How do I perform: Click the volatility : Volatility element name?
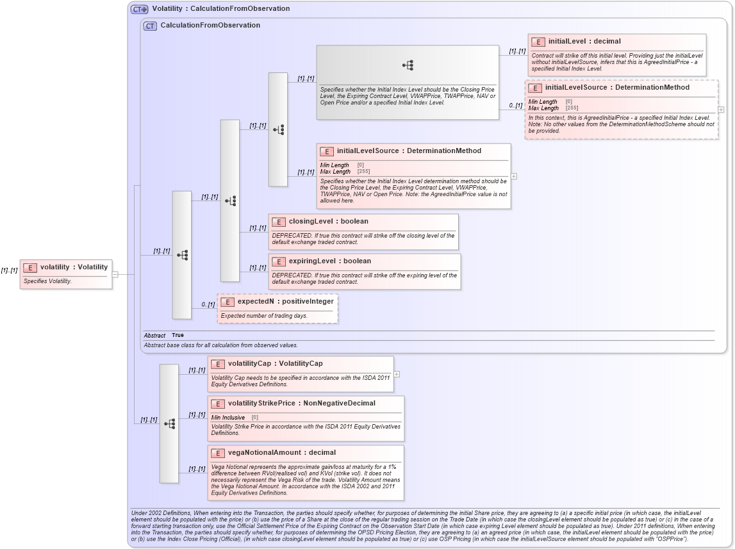74,267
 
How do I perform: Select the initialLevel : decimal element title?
584,42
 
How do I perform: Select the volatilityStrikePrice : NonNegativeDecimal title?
301,404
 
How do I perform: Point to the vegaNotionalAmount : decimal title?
281,453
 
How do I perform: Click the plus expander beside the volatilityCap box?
397,374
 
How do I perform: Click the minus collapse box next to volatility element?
115,274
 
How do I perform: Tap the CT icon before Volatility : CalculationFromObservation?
139,9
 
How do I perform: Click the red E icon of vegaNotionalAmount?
218,453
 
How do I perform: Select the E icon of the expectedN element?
227,301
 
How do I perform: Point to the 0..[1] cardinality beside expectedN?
208,304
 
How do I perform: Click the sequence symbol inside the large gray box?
408,65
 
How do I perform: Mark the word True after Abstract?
178,336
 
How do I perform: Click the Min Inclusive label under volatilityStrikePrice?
228,418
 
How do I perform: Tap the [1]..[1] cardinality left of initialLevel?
517,51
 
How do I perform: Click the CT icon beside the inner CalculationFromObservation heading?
150,26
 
